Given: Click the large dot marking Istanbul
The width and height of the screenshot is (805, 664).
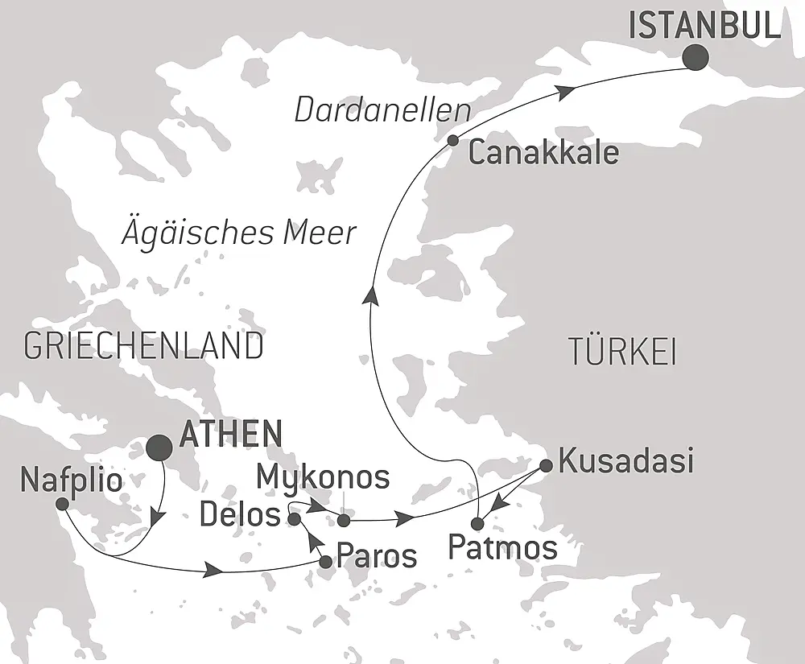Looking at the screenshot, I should [x=695, y=56].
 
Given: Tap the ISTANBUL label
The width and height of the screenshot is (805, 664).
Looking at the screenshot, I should [x=704, y=27].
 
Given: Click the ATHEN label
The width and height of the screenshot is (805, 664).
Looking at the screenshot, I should [x=231, y=434].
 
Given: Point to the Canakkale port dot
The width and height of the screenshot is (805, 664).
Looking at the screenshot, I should [x=453, y=140].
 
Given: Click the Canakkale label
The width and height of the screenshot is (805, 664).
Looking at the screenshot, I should [x=543, y=153].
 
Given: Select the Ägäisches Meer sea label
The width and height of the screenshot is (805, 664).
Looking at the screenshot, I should [x=238, y=233].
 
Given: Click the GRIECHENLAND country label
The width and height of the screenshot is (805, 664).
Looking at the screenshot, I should [x=143, y=346].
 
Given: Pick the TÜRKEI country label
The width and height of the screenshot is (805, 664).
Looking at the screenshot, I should [x=621, y=353].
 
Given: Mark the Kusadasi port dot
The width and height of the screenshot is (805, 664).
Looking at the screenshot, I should [x=545, y=465].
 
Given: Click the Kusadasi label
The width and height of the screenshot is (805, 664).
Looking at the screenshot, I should [x=625, y=462].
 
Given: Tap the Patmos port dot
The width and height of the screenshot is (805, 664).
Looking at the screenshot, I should [x=477, y=524].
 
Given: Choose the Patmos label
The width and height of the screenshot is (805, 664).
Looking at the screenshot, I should [x=502, y=549].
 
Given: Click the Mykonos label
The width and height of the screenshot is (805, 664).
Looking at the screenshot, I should [x=323, y=477].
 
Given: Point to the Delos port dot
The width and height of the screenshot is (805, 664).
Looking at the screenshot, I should [x=295, y=519].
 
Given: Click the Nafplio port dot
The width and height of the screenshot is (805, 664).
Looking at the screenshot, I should [x=61, y=504].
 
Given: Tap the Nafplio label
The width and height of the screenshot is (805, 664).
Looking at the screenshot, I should [x=72, y=481].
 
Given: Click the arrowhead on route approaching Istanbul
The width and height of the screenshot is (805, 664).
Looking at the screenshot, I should [x=568, y=91].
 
